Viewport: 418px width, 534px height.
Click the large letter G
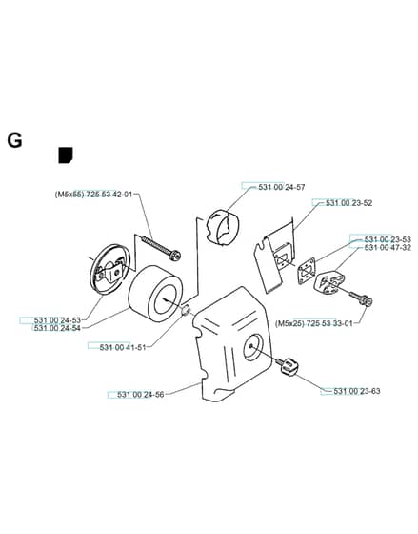click(x=14, y=140)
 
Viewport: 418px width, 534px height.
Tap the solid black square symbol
click(x=66, y=155)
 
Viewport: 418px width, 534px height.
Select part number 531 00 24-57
click(x=282, y=187)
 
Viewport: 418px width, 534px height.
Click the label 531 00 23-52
click(x=348, y=203)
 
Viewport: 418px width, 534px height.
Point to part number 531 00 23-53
click(x=388, y=239)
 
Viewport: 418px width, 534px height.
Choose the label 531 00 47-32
click(x=388, y=248)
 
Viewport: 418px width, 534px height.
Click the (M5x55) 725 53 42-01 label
click(x=93, y=195)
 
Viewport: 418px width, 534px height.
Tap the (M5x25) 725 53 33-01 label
click(x=313, y=323)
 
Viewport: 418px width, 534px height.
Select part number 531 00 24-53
click(x=57, y=320)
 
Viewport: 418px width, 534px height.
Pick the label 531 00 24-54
click(x=57, y=328)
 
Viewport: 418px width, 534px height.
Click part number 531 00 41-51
click(x=123, y=347)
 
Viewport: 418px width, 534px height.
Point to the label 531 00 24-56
click(x=141, y=395)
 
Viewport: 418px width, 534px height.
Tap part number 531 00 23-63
click(x=357, y=391)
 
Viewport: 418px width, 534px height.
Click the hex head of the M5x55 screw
click(x=175, y=256)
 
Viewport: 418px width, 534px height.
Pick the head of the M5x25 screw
click(x=367, y=300)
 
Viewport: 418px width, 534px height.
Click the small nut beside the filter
click(x=186, y=310)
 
